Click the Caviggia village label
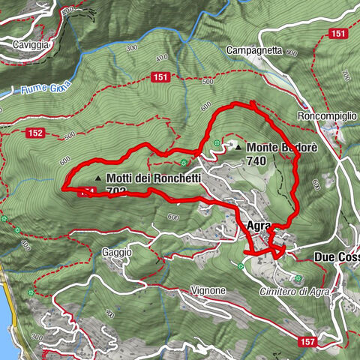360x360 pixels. pos(31,45)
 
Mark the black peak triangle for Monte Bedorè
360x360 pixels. pos(238,147)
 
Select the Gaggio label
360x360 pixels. pos(119,253)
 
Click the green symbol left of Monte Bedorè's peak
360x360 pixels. pos(217,143)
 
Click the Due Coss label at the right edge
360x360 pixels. pos(337,256)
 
